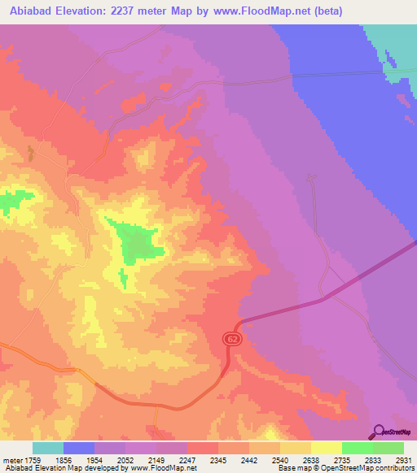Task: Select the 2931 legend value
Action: (x=402, y=459)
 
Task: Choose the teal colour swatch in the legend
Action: (x=48, y=448)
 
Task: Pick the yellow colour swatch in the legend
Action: (x=327, y=448)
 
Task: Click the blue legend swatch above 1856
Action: (x=79, y=448)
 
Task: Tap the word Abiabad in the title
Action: (x=32, y=11)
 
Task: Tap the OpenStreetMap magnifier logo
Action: (x=378, y=432)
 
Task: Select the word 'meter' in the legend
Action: (x=14, y=459)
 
